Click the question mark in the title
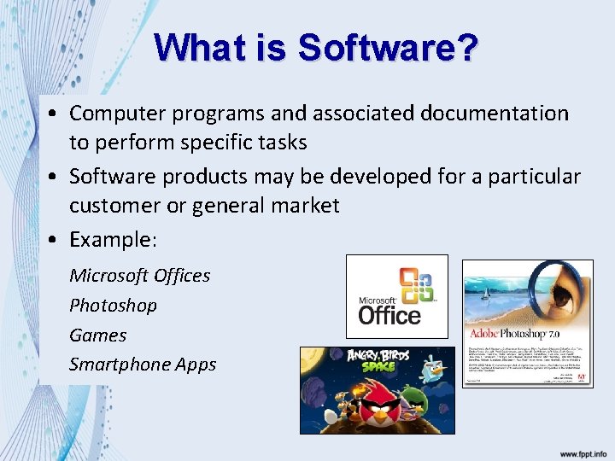466,48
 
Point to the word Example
110,240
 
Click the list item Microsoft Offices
139,275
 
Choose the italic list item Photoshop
113,305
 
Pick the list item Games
97,335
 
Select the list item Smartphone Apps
143,365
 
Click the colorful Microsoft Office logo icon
418,285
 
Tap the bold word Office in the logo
389,315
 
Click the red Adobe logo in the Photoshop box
580,376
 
